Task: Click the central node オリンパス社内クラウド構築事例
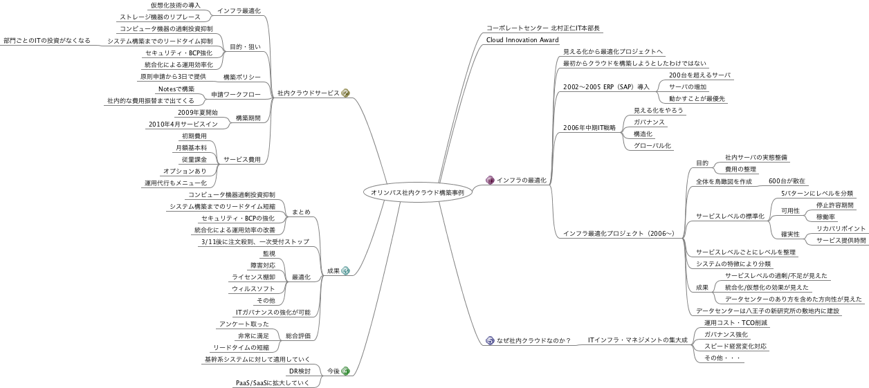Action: point(417,193)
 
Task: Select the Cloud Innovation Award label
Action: point(522,40)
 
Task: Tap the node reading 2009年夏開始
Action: point(197,112)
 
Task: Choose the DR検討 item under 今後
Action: point(298,371)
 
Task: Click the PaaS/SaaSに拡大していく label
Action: point(272,382)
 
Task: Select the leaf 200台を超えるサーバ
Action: point(699,75)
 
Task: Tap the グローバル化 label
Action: point(652,146)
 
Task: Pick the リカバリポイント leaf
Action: point(841,228)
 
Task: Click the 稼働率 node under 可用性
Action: point(825,216)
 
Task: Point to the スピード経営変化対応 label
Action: point(735,346)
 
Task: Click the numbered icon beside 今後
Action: point(346,371)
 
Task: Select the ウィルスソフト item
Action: point(253,288)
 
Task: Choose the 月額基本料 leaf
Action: point(189,148)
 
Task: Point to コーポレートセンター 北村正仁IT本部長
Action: point(544,28)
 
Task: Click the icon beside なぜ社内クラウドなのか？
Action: point(490,340)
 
